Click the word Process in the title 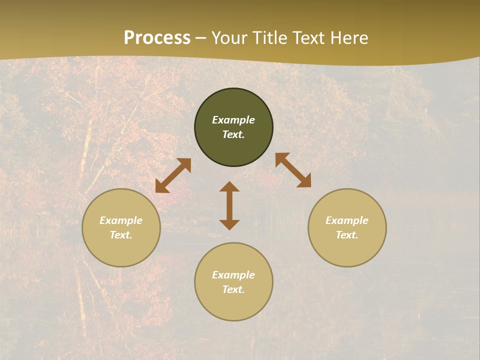point(157,38)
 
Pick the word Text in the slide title point(310,38)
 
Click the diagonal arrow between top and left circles point(173,175)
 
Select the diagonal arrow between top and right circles point(293,170)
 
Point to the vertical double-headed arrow point(229,205)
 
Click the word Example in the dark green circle point(233,120)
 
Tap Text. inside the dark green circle point(233,134)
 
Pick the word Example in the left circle point(121,220)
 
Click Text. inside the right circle point(347,235)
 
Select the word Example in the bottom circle point(233,275)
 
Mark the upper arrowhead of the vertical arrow point(229,186)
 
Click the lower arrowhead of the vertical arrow point(229,224)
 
